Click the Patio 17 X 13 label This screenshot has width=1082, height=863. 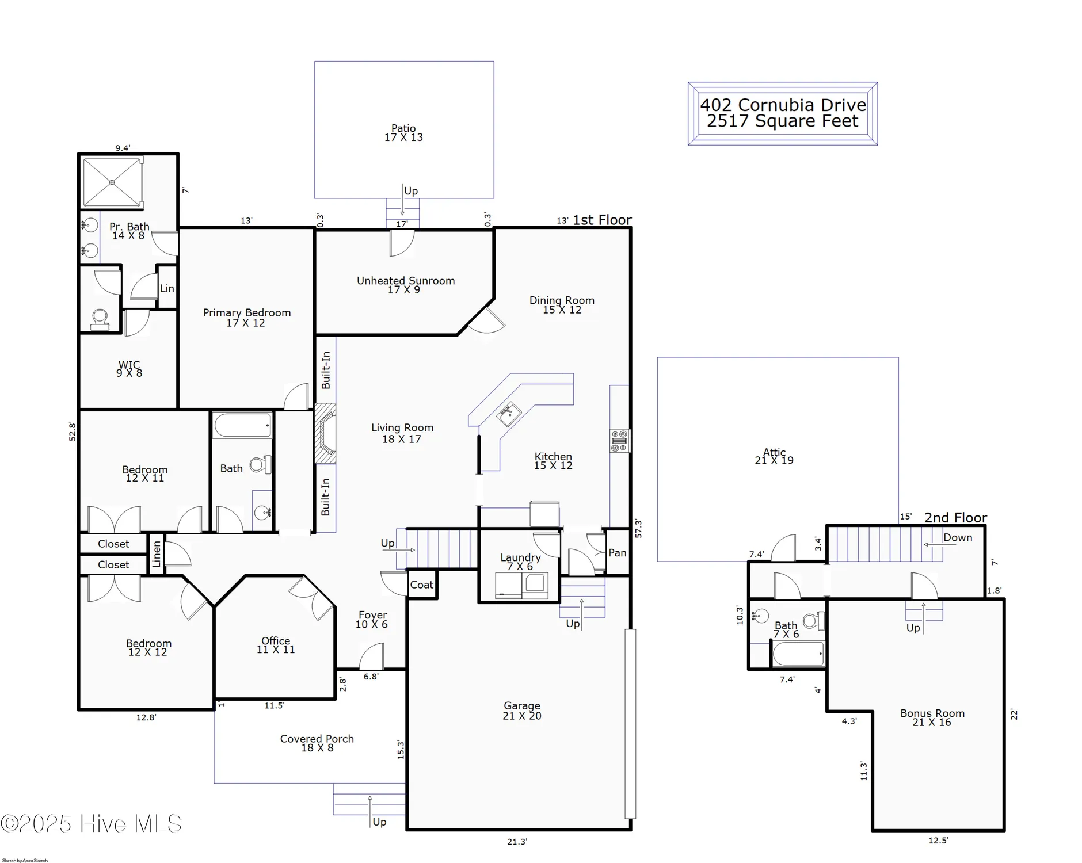403,133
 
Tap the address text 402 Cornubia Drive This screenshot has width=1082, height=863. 783,105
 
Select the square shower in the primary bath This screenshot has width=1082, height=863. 112,182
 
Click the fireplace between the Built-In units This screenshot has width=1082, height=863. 325,433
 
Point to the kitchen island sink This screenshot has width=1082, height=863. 509,414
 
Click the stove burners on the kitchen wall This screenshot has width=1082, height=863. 619,441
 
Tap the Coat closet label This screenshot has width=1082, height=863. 421,585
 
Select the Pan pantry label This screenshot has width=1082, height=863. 617,553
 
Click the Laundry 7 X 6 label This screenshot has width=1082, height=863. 520,562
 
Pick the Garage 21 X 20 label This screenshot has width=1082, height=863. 522,711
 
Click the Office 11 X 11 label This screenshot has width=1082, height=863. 276,645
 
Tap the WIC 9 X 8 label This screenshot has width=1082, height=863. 129,369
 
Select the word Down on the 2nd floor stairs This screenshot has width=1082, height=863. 958,538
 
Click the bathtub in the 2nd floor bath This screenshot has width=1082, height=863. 798,654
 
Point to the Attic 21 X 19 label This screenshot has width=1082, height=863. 774,456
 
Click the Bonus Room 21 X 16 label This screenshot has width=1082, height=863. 932,717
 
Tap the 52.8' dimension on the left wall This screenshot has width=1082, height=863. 73,431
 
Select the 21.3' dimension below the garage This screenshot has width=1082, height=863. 517,842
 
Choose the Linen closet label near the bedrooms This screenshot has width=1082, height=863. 157,554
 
